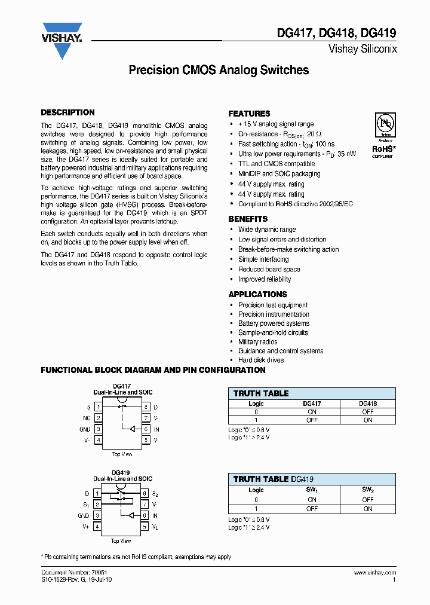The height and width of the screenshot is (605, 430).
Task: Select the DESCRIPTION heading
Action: (67, 112)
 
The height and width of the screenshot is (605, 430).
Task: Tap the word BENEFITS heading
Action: (248, 219)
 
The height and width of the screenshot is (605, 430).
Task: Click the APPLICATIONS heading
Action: (257, 294)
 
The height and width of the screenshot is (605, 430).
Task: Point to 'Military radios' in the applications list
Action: (258, 342)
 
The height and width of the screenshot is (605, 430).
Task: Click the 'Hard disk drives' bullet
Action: (261, 360)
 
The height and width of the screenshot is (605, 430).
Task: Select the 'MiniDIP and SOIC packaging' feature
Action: (279, 174)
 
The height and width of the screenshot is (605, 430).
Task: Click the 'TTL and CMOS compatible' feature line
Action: (277, 164)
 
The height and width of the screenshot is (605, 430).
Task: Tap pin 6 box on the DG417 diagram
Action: (145, 429)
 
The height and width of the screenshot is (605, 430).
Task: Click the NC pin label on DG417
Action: (87, 418)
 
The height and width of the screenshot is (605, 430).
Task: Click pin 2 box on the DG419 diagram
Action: (97, 505)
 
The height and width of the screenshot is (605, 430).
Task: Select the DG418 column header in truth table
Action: (368, 404)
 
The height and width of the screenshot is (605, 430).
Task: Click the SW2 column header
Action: (368, 490)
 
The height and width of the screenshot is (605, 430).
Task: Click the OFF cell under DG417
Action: (312, 420)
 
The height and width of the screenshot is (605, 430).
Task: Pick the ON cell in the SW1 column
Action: (312, 500)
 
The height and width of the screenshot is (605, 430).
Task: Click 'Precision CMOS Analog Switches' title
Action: (219, 70)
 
